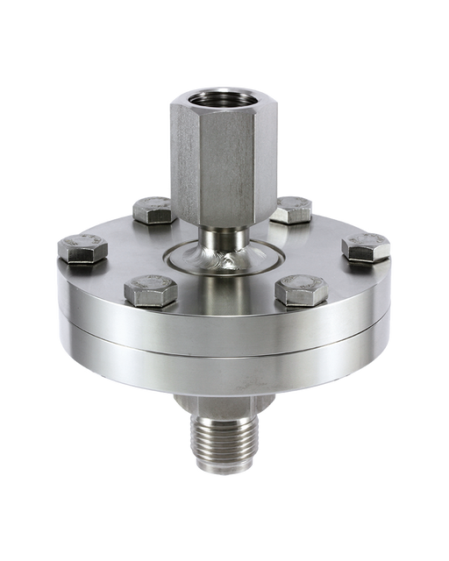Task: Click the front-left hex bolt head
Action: (x=150, y=290)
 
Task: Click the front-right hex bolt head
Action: (x=301, y=290)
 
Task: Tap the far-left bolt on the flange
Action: (x=82, y=249)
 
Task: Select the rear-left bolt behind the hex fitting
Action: (x=152, y=209)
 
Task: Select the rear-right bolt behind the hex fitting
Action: (x=292, y=209)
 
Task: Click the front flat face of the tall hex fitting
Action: (x=224, y=167)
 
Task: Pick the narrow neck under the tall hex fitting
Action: (x=224, y=237)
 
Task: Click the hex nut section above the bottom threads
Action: (x=224, y=406)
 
